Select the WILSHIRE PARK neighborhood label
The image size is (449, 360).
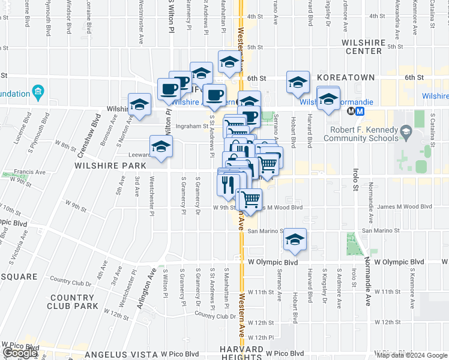[110, 165]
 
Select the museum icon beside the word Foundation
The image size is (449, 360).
[39, 93]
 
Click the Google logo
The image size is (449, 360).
[20, 353]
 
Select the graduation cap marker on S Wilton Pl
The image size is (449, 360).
[161, 146]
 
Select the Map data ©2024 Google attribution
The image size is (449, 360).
[412, 355]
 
